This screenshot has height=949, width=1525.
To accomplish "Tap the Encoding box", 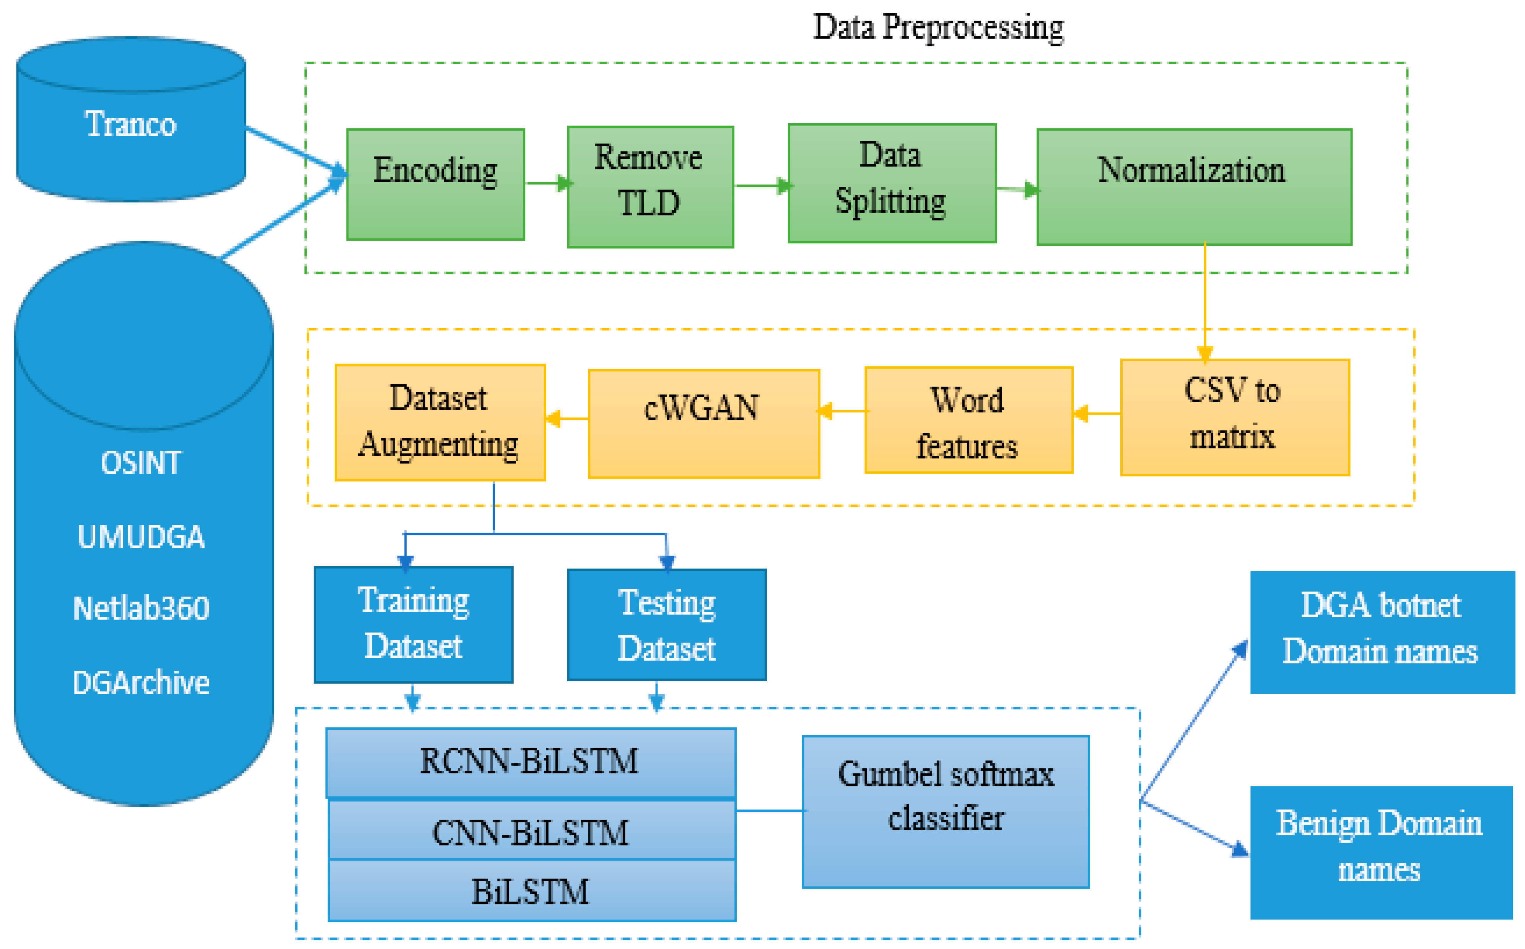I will [x=435, y=184].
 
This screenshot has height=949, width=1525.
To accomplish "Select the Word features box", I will [x=968, y=419].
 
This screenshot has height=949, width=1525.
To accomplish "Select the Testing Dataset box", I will [x=666, y=625].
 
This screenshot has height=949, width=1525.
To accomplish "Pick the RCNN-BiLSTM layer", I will [x=530, y=761].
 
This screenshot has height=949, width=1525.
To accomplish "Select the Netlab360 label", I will [x=141, y=608].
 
